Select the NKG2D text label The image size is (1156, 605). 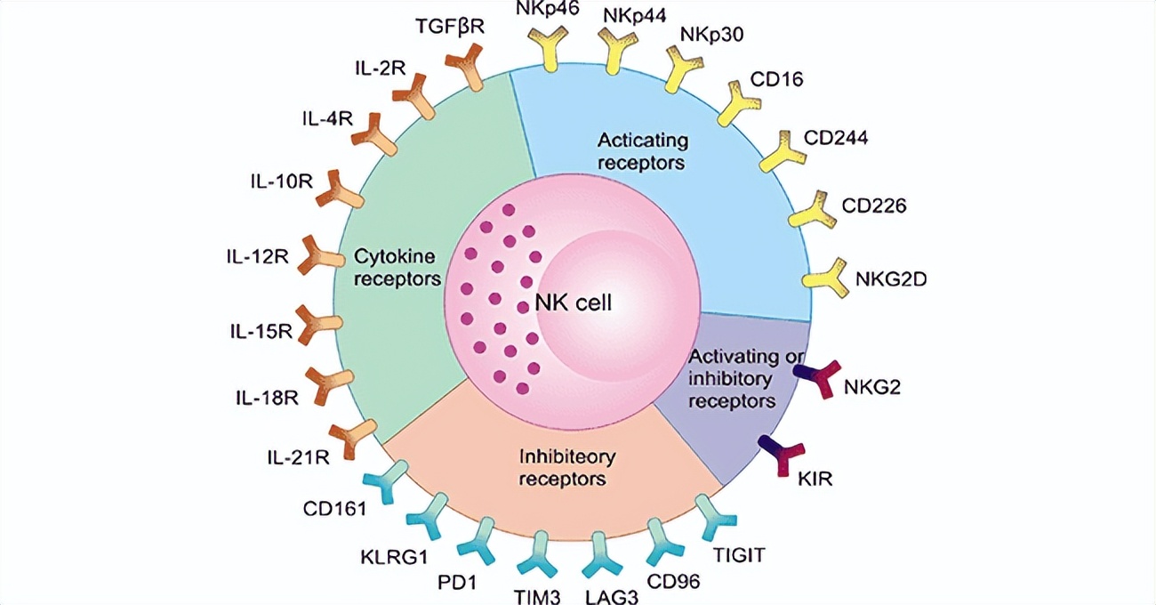coord(891,278)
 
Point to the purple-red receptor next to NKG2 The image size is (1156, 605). coord(818,379)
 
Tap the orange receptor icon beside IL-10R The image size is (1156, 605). coord(339,188)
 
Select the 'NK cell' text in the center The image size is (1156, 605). coord(574,302)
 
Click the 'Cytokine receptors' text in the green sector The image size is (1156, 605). coord(397,268)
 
